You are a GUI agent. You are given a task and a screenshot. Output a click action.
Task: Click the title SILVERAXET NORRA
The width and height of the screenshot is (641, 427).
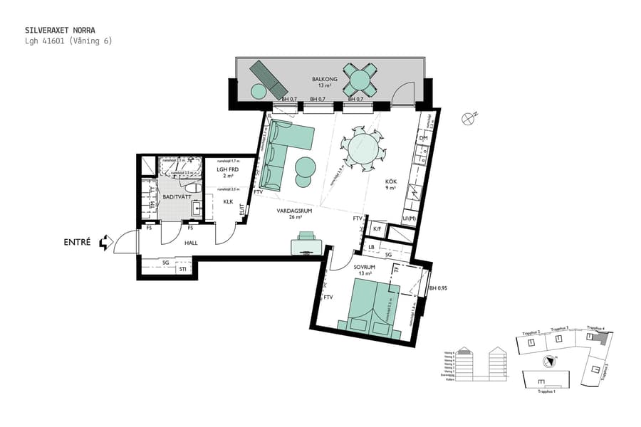pos(60,31)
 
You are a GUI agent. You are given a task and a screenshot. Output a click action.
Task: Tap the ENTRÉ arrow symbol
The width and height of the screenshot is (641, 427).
pos(106,243)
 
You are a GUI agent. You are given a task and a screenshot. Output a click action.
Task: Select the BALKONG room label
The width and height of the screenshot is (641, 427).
pos(325,79)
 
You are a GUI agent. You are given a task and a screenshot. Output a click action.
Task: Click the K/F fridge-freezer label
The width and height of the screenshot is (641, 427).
pos(377,228)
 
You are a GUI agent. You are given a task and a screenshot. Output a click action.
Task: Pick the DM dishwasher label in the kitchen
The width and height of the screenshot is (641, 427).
pos(422,137)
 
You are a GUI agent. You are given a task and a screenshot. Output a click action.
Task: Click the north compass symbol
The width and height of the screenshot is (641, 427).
pos(468,119)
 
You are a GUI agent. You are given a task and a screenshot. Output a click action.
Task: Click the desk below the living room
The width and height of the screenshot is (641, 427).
pos(307,245)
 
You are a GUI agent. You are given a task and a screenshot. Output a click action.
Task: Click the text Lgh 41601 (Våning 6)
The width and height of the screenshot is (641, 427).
pos(68,41)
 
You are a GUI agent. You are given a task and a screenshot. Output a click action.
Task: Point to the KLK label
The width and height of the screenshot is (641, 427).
pos(228,201)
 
